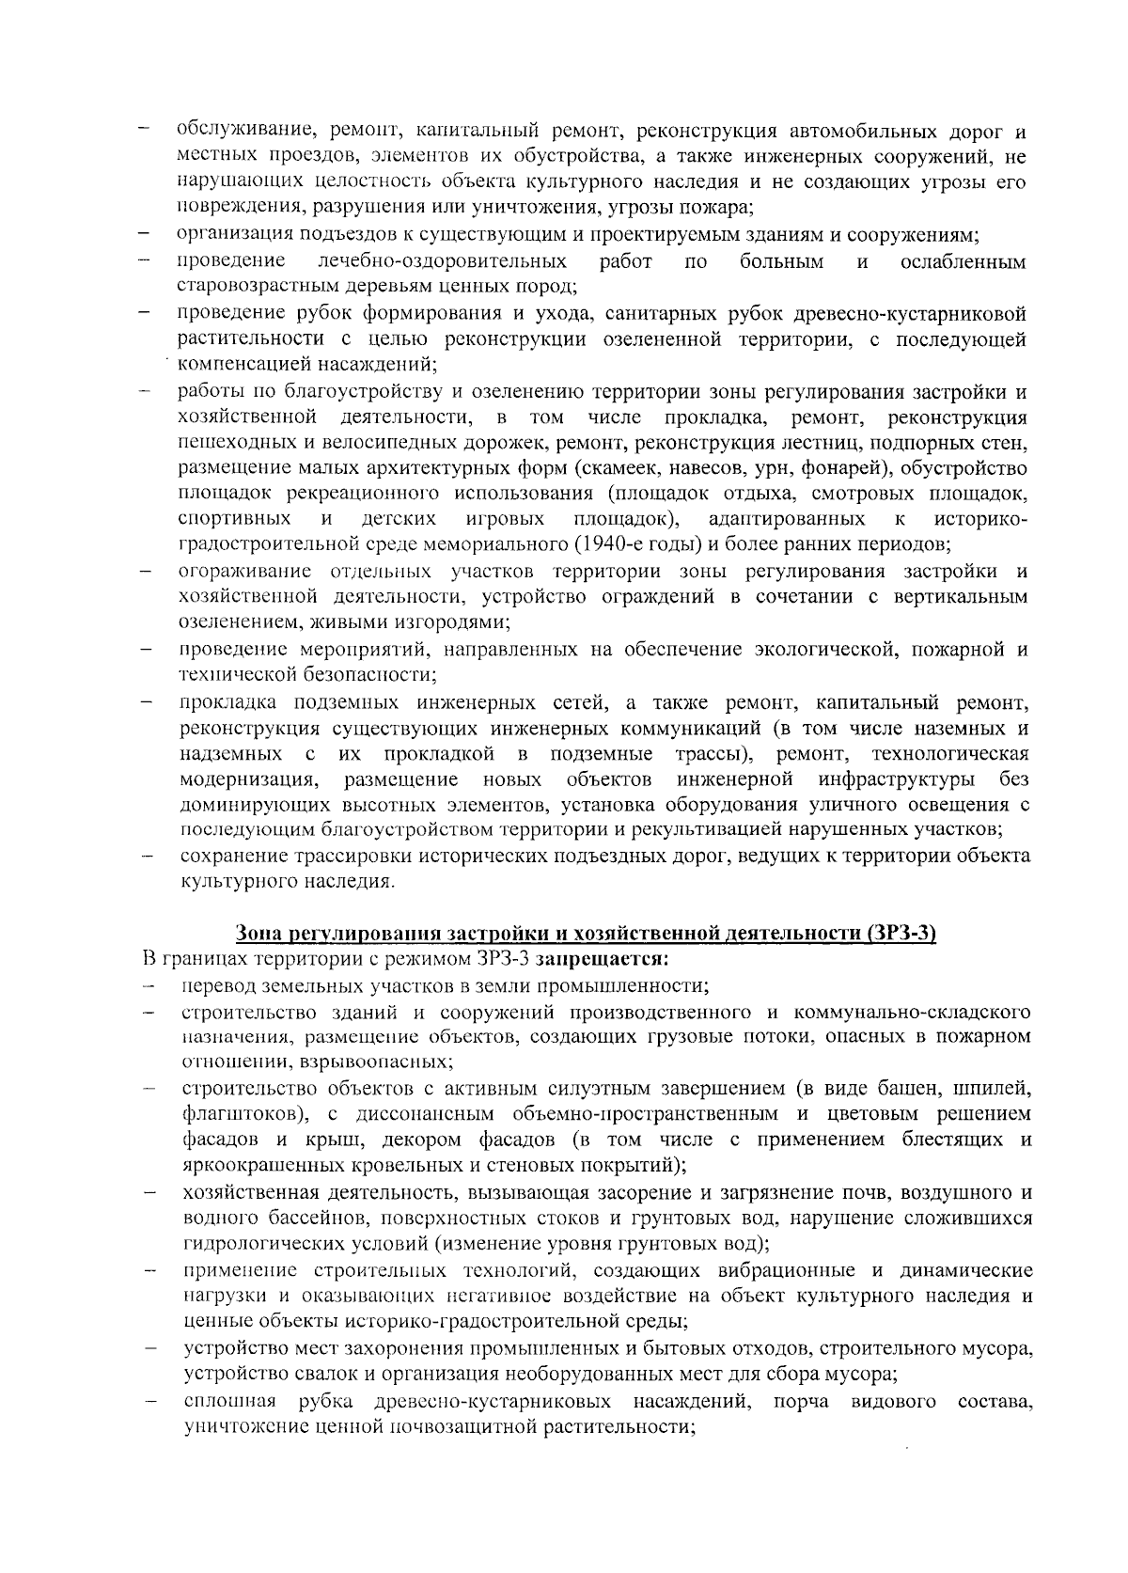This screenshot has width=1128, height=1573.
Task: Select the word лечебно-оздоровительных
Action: pyautogui.click(x=442, y=260)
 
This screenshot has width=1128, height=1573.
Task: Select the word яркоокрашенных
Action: pyautogui.click(x=253, y=1166)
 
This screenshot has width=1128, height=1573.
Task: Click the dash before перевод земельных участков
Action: pyautogui.click(x=148, y=986)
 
